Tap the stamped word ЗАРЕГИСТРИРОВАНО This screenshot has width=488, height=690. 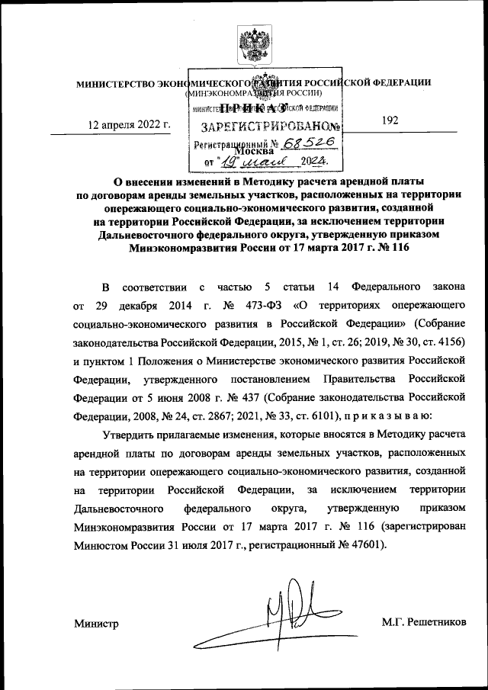point(265,127)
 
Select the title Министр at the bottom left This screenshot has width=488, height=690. point(97,624)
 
